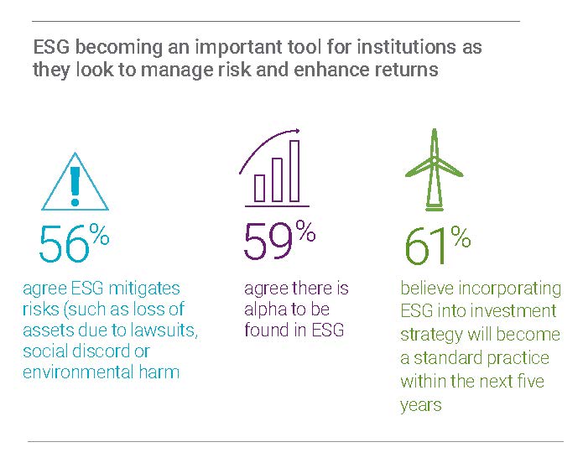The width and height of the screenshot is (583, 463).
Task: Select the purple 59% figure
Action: [279, 240]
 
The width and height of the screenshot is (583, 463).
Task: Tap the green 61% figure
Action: [438, 245]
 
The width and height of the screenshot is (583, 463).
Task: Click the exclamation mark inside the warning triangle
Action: [75, 186]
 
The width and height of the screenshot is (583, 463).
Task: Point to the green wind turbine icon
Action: [434, 169]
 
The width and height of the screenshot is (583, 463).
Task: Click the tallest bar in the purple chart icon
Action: [294, 171]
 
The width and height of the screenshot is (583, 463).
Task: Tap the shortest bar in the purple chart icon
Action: [259, 188]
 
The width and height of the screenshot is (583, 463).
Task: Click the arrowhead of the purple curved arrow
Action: [296, 131]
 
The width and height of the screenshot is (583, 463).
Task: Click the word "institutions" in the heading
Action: [406, 47]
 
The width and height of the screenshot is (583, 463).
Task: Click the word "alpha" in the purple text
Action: [265, 310]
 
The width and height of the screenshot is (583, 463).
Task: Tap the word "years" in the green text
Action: [421, 405]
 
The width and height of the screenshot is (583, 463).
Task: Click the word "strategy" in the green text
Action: [432, 335]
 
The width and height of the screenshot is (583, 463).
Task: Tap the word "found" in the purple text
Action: [266, 330]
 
